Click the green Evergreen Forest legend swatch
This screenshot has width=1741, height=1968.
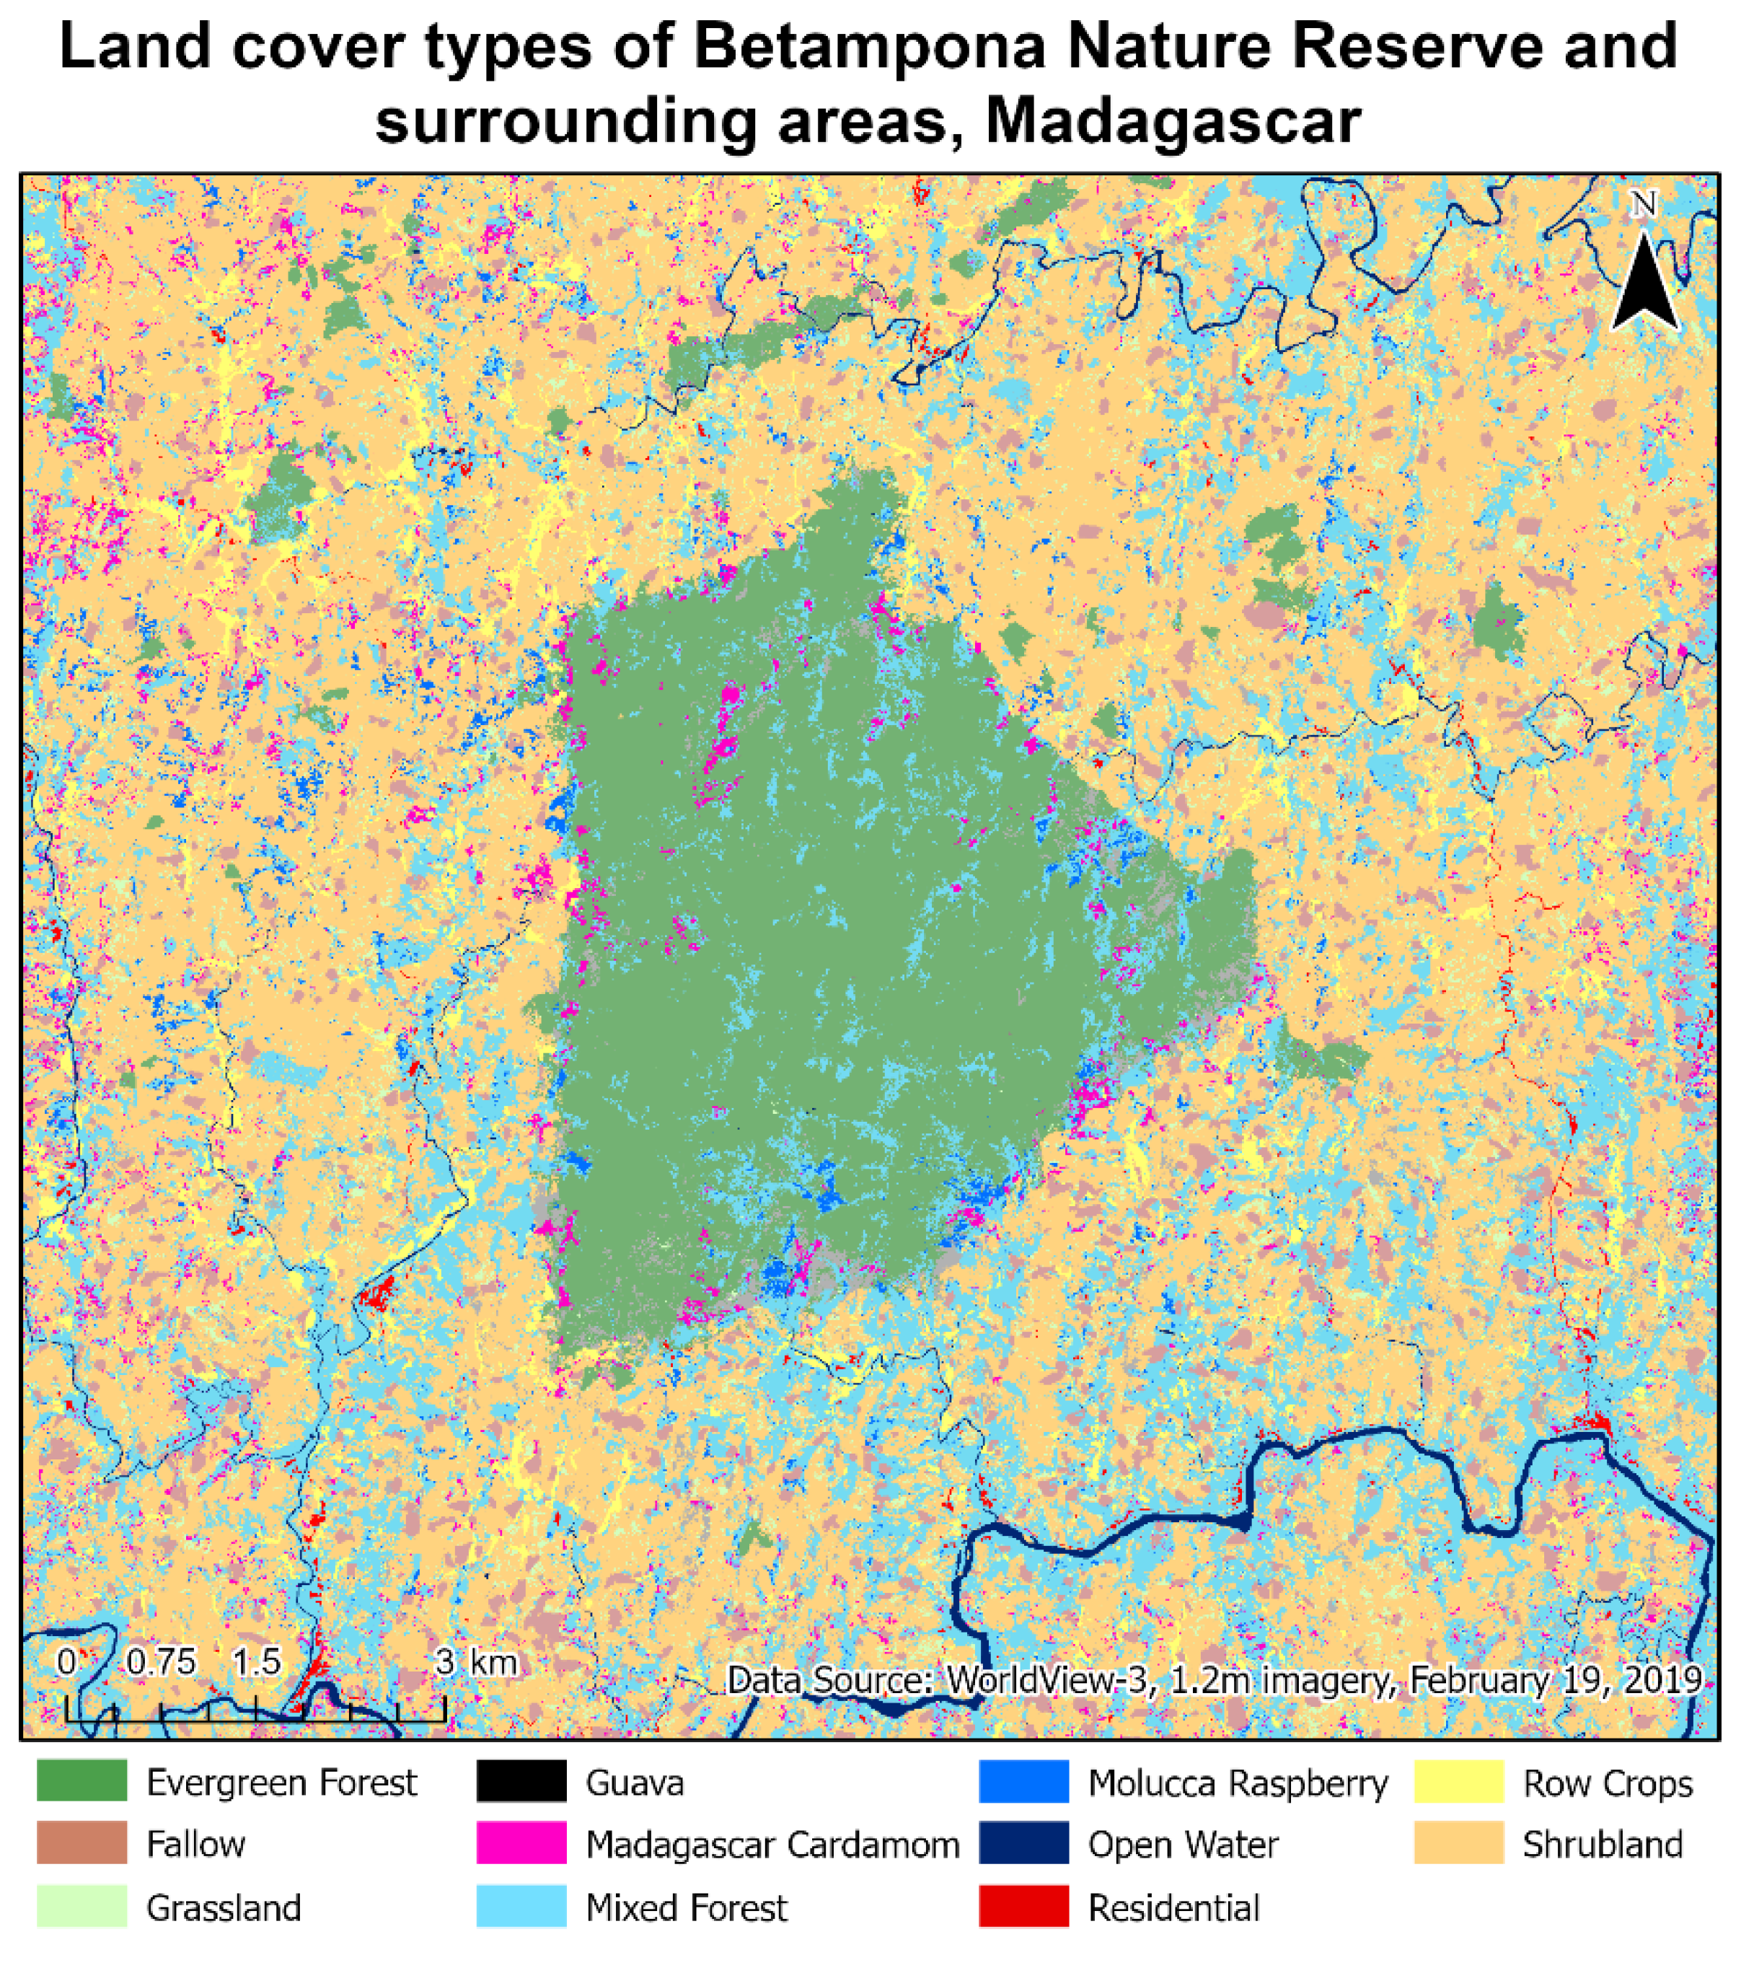81,1781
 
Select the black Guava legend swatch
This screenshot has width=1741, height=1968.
521,1781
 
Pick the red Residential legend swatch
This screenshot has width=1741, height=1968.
1023,1907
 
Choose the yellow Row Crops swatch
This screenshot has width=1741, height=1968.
1458,1781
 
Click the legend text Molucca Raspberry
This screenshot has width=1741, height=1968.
1238,1783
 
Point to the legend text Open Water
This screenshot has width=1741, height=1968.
1183,1845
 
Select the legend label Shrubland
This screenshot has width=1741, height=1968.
1602,1845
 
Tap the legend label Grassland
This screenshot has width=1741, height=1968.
224,1907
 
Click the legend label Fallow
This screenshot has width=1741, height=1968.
195,1844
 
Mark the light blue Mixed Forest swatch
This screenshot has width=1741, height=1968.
521,1907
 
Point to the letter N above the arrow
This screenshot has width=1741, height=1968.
1644,204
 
